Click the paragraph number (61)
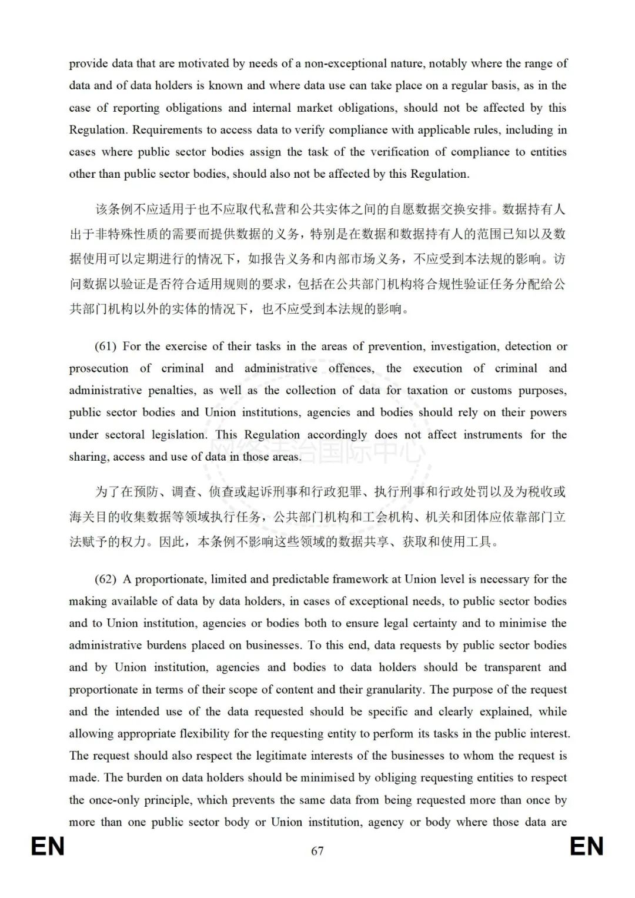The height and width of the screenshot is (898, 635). pos(106,347)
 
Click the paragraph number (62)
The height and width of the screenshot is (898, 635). pos(106,580)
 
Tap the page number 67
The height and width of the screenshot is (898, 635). pos(317,851)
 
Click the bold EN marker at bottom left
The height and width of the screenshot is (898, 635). pos(48,847)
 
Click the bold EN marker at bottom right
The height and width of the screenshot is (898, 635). pos(587,847)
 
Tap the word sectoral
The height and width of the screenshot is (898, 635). pos(125,435)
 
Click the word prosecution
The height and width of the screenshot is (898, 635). pos(98,369)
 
